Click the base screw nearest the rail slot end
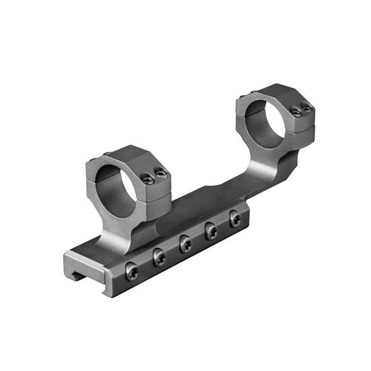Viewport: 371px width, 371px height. (131, 271)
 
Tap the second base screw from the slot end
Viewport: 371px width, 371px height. (159, 257)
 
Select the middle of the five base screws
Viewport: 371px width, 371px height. (185, 244)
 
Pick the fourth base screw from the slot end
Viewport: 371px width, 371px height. (211, 231)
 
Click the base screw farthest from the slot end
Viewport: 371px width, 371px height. (235, 218)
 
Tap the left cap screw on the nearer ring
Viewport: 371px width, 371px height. (148, 179)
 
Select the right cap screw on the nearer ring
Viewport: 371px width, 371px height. (161, 174)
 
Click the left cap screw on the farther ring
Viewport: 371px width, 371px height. (296, 112)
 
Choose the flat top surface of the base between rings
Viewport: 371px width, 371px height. (198, 201)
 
